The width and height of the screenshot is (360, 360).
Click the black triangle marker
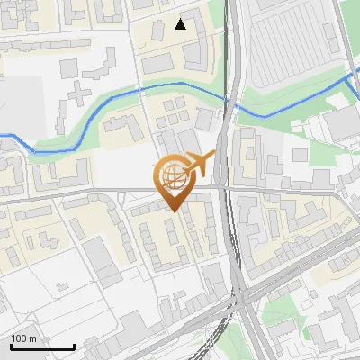click(181, 24)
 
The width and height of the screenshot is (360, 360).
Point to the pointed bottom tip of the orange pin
click(174, 211)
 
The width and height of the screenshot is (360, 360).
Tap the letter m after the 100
click(32, 338)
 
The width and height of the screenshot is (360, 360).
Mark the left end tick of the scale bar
click(11, 345)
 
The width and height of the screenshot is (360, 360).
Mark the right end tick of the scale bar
click(74, 345)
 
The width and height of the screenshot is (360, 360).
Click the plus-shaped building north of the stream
click(79, 93)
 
